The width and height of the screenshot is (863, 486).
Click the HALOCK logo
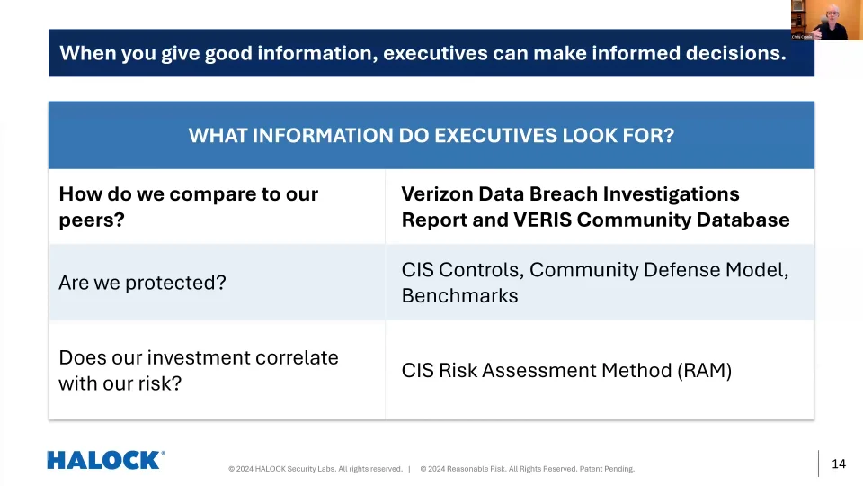point(106,460)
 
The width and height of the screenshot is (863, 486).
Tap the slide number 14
point(838,463)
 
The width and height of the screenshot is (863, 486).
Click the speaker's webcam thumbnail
point(827,20)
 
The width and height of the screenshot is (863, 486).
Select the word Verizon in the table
point(437,194)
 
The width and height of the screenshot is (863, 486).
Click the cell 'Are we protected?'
point(217,282)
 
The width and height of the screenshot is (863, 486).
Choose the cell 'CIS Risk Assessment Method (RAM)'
point(600,370)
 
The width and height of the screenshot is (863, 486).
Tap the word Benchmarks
point(459,296)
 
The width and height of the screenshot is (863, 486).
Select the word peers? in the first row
point(92,220)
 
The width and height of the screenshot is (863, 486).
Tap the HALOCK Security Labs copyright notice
point(316,469)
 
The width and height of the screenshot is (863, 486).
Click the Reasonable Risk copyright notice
point(528,469)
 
